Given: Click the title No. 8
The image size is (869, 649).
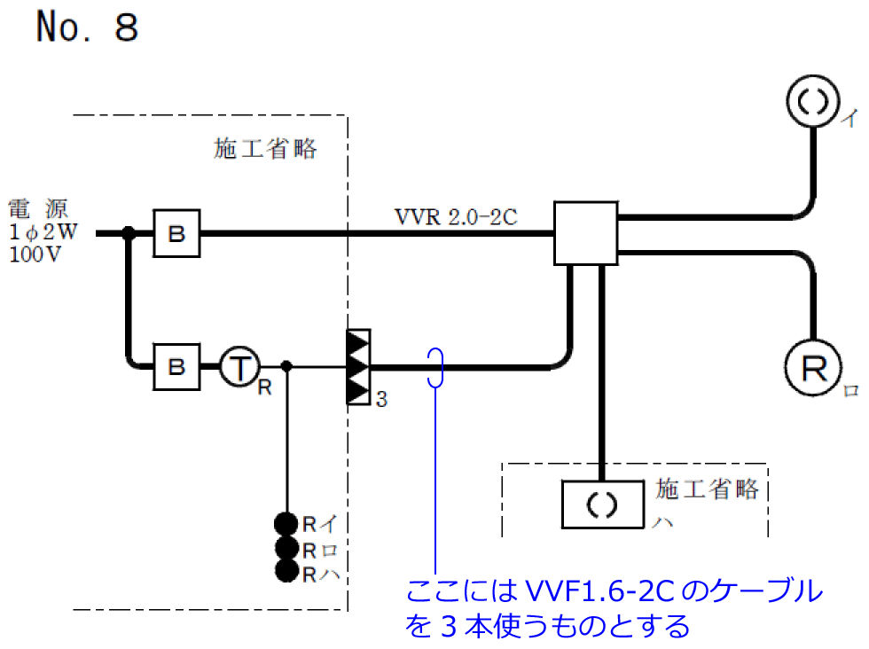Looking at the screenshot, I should point(87,28).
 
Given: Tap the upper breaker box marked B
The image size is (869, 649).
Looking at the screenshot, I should point(176,234).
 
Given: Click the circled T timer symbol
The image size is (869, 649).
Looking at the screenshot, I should point(238,366).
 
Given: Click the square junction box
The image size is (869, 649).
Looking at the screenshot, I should point(585,233).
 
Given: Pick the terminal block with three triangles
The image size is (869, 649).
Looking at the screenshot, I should point(357,367).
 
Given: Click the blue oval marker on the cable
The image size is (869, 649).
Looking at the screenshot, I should point(435,367).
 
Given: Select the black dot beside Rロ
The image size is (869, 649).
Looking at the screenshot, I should point(286,548).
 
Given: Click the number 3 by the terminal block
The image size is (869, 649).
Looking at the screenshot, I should point(381,400).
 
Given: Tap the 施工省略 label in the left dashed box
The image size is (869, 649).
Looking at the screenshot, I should point(265,149).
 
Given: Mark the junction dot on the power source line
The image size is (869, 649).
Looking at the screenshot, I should point(129,234).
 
